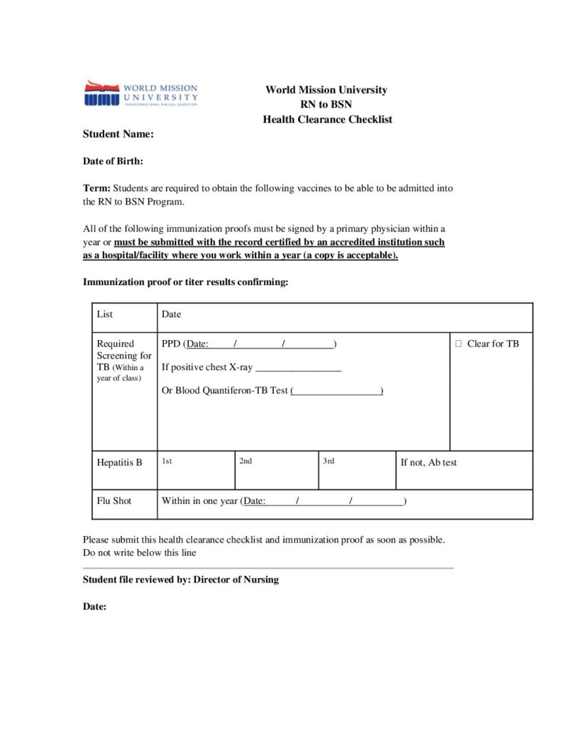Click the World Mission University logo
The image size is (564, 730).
140,93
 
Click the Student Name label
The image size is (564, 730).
118,134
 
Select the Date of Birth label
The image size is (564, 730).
113,161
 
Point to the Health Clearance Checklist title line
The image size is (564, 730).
327,119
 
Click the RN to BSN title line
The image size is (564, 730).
327,104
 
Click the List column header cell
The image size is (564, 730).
105,314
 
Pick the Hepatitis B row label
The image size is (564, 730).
119,463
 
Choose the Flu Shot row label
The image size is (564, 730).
114,500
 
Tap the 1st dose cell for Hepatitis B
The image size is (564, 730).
195,470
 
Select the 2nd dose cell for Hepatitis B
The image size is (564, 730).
276,470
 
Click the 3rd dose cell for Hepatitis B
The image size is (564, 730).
357,470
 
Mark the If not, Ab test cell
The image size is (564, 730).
429,463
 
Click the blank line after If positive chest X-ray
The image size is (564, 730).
298,368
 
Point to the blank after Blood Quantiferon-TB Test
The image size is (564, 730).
337,391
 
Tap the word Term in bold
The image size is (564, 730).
96,188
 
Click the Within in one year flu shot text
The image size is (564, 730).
199,500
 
